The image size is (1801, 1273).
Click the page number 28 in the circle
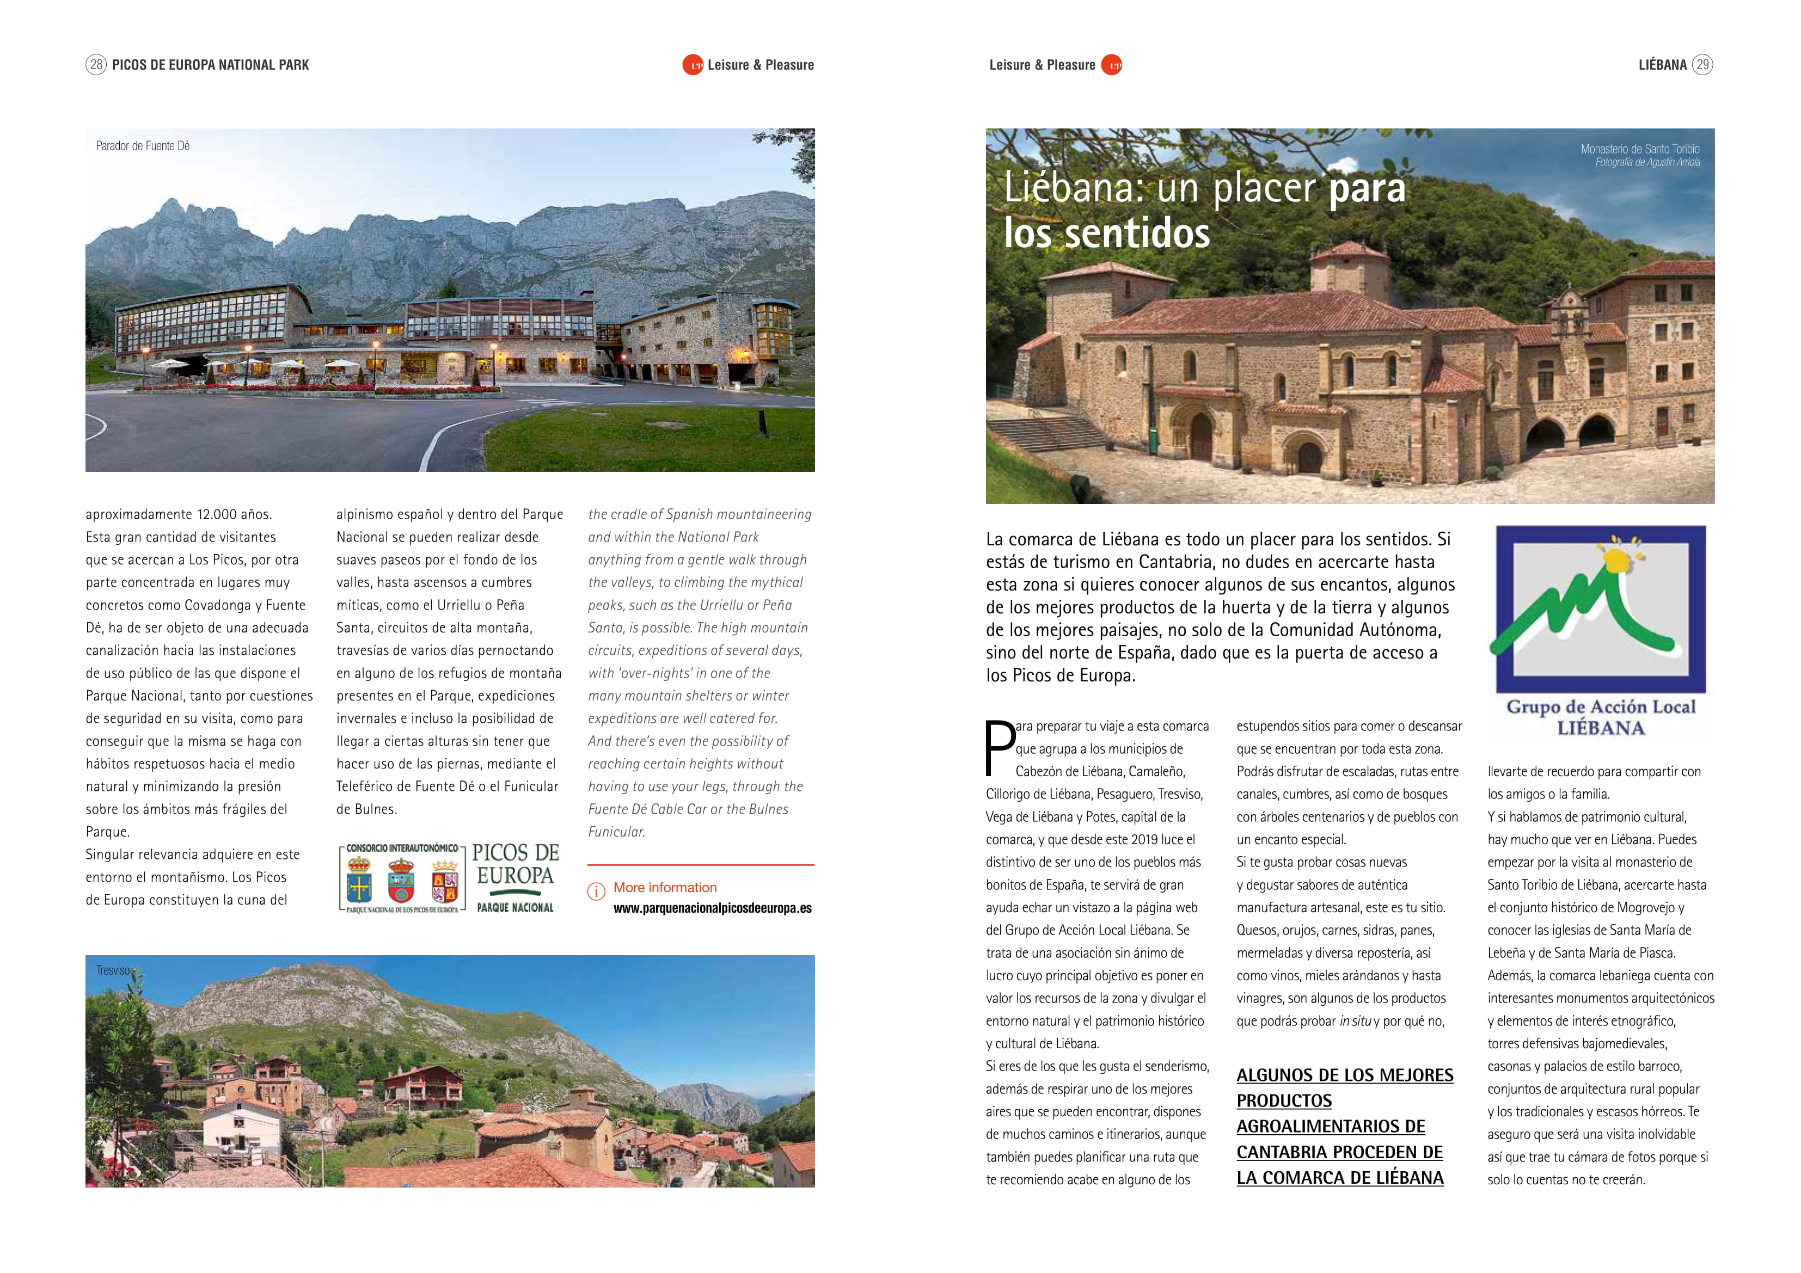coord(96,64)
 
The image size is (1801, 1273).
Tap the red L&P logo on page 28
coord(693,65)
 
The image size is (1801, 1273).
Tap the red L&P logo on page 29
coord(1112,65)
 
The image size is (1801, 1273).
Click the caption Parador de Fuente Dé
coord(143,146)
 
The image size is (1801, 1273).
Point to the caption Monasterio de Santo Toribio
coord(1639,148)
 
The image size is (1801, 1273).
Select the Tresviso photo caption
coord(113,970)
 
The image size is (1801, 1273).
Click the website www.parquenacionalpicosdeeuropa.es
coord(712,908)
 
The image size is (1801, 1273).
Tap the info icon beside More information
coord(596,891)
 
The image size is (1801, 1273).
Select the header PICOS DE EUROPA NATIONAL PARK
coord(210,65)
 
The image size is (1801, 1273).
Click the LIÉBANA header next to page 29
coord(1662,65)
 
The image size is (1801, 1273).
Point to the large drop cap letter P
coord(1000,747)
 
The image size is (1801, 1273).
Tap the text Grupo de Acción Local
coord(1600,706)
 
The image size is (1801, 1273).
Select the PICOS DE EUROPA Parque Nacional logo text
coord(514,876)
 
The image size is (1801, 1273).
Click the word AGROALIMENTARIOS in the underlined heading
coord(1331,1127)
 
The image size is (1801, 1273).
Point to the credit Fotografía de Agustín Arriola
coord(1647,162)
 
